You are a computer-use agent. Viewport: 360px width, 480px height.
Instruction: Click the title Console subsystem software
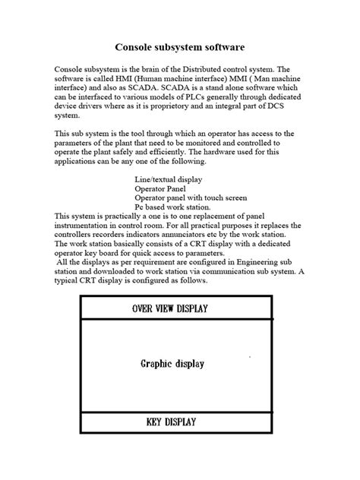point(180,47)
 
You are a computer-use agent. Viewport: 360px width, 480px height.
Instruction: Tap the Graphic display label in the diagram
point(172,364)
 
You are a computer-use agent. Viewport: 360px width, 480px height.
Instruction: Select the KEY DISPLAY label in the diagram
point(172,422)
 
